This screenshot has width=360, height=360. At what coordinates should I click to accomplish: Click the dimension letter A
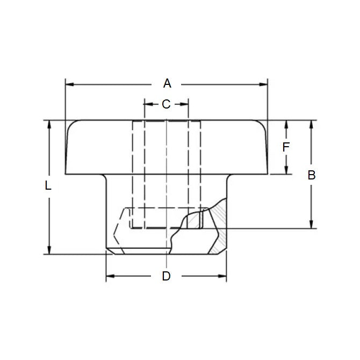coord(167,83)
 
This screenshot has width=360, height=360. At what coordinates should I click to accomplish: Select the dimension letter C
coord(166,104)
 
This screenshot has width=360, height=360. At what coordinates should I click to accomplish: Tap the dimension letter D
coord(166,276)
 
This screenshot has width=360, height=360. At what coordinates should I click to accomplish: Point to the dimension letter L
coord(48,186)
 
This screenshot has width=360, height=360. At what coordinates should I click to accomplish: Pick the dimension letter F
coord(286,147)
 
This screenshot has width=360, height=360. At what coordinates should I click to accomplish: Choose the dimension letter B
coord(311,175)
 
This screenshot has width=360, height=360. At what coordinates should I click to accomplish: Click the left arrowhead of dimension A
coord(68,84)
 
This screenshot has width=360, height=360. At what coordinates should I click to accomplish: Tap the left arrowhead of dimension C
coord(147,104)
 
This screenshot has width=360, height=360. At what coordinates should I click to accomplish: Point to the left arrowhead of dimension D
coord(109,277)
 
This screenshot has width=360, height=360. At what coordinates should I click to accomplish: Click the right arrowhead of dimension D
coord(223,277)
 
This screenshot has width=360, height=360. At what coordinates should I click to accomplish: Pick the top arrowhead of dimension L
coord(49,124)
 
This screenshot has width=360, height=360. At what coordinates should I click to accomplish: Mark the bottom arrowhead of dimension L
coord(49,250)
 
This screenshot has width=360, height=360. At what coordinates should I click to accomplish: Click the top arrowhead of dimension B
coord(311,124)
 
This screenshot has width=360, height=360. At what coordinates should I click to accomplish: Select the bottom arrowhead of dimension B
coord(311,225)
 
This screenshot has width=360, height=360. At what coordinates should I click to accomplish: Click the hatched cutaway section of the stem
coord(218,231)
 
